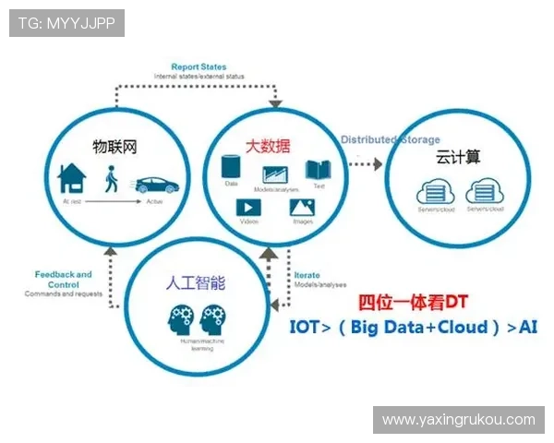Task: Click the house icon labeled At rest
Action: (72, 177)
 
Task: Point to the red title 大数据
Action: (266, 146)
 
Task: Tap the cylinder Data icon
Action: (232, 168)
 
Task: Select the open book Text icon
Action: (318, 170)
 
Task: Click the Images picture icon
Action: (303, 208)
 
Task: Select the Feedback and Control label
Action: (63, 280)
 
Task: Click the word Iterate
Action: (307, 275)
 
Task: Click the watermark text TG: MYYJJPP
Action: (66, 23)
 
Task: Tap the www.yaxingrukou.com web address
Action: (458, 420)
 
